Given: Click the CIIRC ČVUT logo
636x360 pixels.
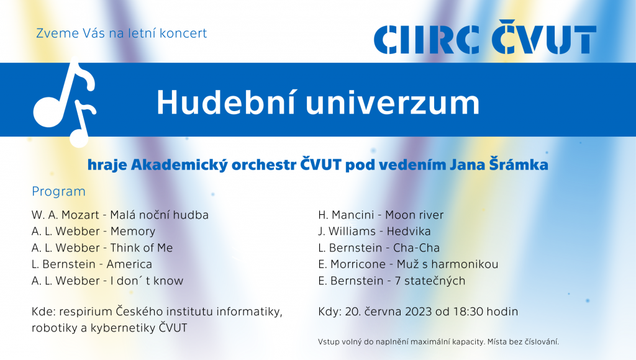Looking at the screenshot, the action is (485, 37).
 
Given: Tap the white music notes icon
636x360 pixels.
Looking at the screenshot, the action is (65, 104).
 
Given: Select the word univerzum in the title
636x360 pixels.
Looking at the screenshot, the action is (393, 103).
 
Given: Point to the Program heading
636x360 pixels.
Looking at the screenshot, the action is (59, 191).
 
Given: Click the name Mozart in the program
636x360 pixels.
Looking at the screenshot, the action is (80, 215).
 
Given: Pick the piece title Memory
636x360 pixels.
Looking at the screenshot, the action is (133, 232).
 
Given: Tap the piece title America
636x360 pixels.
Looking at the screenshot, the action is (129, 264).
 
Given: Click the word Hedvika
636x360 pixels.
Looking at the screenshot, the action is (409, 232).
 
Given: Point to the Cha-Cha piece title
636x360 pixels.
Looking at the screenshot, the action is (416, 248).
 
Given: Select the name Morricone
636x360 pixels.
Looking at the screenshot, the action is (358, 264).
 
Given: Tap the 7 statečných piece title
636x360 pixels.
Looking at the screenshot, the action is (430, 281).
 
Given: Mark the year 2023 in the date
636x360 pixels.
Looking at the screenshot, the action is (418, 312).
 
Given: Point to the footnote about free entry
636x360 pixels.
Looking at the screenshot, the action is (438, 342).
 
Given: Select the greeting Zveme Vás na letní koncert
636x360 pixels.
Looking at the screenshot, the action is (122, 34).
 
